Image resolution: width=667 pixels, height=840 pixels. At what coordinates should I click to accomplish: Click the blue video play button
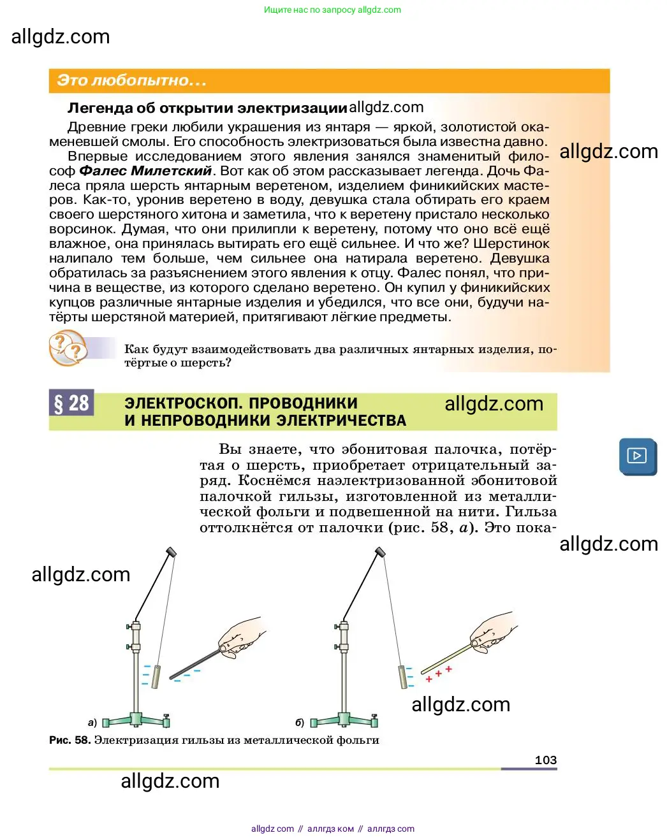pyautogui.click(x=638, y=456)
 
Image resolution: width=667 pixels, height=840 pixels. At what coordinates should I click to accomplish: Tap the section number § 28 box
pyautogui.click(x=71, y=402)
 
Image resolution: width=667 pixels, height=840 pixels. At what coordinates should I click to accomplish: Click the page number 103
pyautogui.click(x=546, y=760)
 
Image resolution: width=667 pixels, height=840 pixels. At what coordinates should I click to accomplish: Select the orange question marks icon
pyautogui.click(x=68, y=347)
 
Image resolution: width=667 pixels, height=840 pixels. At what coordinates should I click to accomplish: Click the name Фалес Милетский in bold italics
pyautogui.click(x=145, y=171)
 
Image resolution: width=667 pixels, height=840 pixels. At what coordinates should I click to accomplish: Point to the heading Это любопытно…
pyautogui.click(x=131, y=80)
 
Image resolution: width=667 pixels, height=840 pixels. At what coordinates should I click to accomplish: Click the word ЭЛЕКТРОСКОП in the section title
pyautogui.click(x=182, y=403)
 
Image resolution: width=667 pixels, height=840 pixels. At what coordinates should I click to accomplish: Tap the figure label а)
pyautogui.click(x=92, y=723)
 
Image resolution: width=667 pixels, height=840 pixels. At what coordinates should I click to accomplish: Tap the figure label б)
pyautogui.click(x=300, y=723)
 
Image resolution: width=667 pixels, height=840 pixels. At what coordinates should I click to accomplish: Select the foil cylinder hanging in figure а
pyautogui.click(x=156, y=677)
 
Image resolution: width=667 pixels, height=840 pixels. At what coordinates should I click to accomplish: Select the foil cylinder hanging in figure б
pyautogui.click(x=402, y=677)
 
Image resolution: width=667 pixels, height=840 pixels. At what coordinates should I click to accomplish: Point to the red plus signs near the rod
pyautogui.click(x=439, y=674)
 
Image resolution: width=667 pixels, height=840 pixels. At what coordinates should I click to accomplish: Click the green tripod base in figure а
pyautogui.click(x=136, y=720)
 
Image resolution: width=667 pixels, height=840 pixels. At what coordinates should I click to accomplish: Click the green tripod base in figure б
pyautogui.click(x=344, y=720)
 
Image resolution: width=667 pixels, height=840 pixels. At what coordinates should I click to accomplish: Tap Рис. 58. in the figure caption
pyautogui.click(x=70, y=740)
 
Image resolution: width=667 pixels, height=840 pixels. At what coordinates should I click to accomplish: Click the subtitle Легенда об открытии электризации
pyautogui.click(x=207, y=108)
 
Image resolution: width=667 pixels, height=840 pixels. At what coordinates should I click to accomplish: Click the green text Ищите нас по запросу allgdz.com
pyautogui.click(x=332, y=10)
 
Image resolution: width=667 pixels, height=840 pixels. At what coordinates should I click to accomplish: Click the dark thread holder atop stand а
pyautogui.click(x=172, y=552)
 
